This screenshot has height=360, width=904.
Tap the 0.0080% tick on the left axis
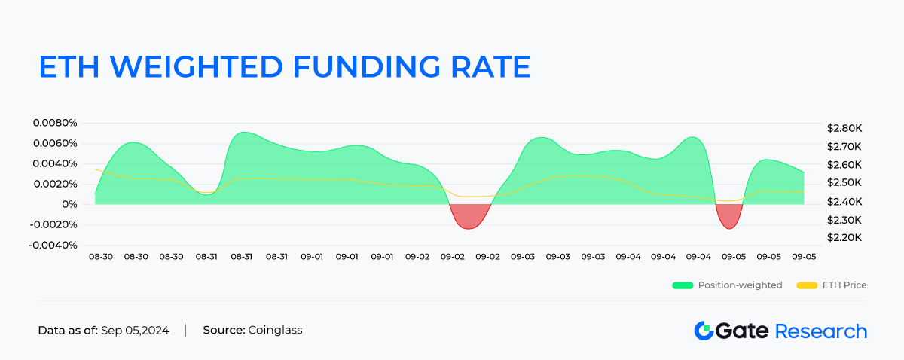click(55, 123)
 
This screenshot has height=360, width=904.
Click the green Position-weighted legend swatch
click(682, 285)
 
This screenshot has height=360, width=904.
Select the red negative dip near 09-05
click(728, 216)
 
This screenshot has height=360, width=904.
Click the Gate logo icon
click(704, 331)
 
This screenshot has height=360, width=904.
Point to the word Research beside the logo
click(820, 331)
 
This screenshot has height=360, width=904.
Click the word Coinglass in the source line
click(275, 331)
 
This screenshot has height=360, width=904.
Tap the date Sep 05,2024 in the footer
click(136, 331)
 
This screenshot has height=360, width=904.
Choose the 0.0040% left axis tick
click(55, 163)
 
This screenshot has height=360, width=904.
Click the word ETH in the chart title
click(70, 66)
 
